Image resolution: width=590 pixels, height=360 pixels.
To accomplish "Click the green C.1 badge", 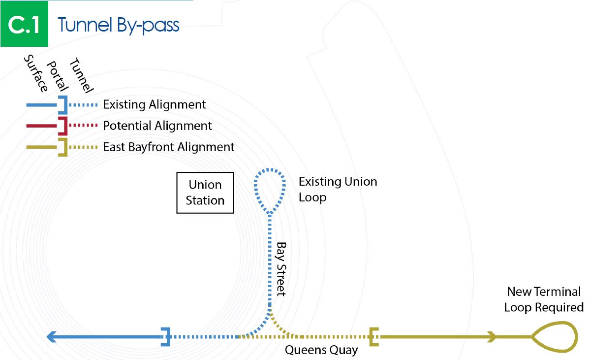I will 24,25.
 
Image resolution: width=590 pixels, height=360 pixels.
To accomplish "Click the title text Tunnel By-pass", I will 119,25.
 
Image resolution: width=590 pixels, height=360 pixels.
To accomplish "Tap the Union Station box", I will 205,193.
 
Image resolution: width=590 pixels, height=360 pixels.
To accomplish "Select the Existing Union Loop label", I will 338,189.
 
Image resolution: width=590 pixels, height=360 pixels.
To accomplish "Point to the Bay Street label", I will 281,268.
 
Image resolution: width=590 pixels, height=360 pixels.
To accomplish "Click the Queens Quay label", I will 321,350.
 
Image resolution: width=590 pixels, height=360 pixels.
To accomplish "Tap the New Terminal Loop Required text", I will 544,299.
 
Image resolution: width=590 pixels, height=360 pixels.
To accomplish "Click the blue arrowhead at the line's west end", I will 51,337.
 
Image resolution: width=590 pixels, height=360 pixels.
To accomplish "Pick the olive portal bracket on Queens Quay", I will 374,337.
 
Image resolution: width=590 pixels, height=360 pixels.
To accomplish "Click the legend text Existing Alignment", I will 155,105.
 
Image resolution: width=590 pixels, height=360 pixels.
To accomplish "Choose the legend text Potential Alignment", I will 157,126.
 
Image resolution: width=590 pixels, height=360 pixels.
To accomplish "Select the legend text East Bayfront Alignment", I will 169,147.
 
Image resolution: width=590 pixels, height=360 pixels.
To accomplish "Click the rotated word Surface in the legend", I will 36,73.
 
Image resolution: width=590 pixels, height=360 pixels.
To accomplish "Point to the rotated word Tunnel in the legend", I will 81,75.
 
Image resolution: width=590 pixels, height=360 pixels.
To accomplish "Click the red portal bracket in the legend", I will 62,126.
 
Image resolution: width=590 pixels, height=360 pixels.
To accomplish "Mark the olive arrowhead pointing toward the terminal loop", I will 491,337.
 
